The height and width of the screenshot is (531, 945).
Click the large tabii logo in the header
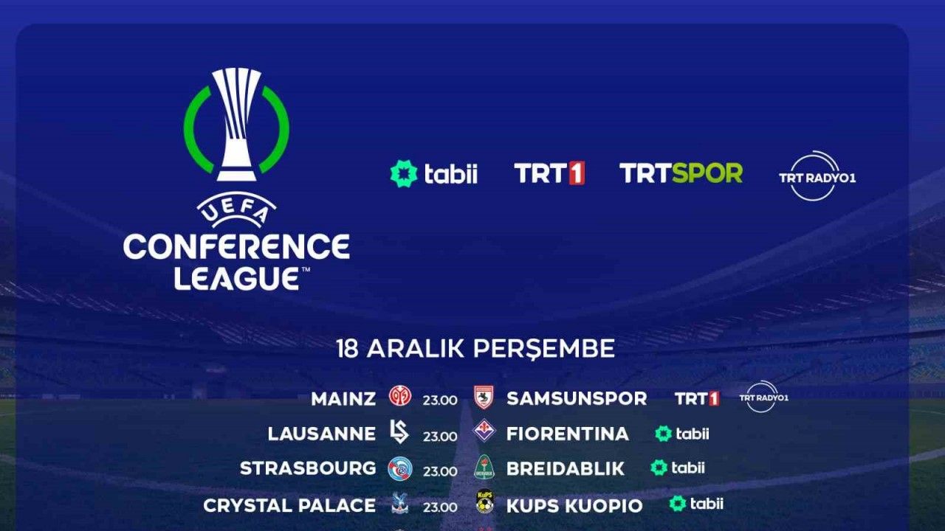point(433,173)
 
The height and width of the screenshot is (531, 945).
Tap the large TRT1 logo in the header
point(549,173)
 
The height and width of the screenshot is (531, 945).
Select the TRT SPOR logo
point(681,173)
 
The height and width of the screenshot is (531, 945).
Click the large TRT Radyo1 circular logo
point(817,176)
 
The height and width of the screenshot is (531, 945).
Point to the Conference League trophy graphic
point(236,125)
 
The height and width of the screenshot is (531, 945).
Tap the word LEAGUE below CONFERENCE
point(237,279)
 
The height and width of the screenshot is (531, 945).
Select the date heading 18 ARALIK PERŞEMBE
point(475,349)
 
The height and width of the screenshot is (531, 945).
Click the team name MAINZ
point(343,399)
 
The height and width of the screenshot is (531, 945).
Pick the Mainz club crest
point(400,396)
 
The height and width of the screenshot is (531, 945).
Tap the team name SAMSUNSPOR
point(577,399)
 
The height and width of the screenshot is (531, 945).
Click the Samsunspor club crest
point(484,397)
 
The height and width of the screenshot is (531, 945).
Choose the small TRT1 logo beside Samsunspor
point(697,399)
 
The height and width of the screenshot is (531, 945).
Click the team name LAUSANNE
point(321,434)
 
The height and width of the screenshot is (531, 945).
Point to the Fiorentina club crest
point(484,431)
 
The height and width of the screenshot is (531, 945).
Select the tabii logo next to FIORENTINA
point(681,434)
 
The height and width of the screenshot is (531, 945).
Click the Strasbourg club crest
point(400,468)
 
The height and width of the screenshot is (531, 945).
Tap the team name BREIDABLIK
point(566,468)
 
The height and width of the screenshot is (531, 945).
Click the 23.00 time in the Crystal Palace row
point(440,507)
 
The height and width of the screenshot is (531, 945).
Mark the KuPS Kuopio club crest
point(485,502)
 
